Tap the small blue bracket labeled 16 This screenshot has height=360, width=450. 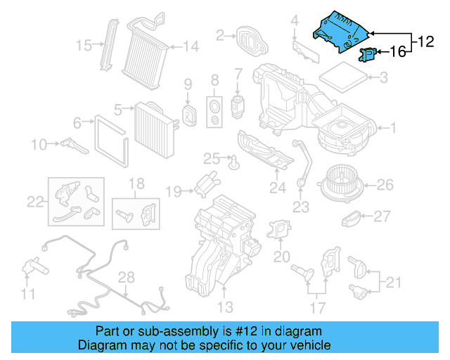tap(366, 52)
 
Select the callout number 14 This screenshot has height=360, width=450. tap(191, 47)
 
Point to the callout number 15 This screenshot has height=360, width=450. tap(84, 46)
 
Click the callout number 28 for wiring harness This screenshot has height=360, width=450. tap(125, 277)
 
